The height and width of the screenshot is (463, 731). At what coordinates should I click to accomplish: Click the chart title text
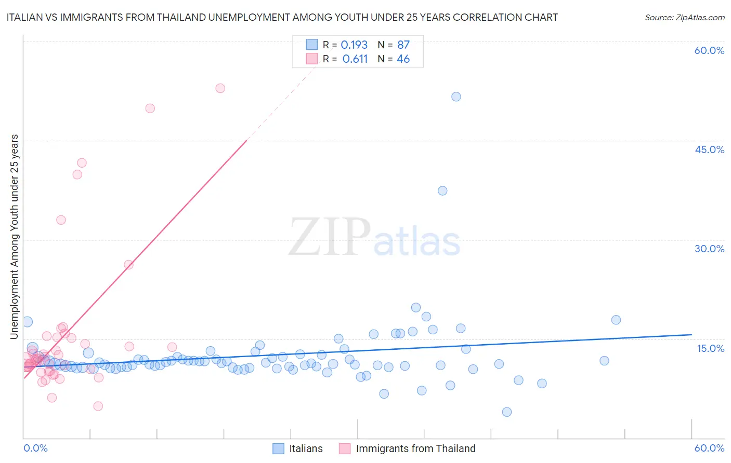(x=282, y=17)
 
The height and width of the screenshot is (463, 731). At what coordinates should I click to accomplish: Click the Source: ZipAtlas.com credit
(x=684, y=17)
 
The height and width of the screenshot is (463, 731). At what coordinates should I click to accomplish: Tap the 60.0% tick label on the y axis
(x=709, y=50)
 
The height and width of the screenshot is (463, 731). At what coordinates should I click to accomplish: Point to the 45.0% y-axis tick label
(x=709, y=149)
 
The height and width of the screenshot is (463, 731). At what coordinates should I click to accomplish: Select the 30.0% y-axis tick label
(x=709, y=249)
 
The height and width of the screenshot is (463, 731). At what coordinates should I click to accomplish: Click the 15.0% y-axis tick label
(x=710, y=348)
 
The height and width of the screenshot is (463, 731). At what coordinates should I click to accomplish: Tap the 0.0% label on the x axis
(x=35, y=448)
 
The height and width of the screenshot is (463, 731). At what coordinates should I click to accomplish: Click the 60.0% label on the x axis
(x=709, y=448)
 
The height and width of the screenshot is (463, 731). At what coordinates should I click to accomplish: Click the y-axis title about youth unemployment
(x=15, y=237)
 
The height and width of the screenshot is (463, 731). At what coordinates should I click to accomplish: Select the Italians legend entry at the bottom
(x=306, y=448)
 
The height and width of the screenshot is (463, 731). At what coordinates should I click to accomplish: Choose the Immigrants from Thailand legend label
(x=415, y=448)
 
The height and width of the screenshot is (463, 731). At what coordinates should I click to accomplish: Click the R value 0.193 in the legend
(x=354, y=45)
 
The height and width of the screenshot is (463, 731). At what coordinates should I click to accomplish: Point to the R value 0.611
(x=355, y=59)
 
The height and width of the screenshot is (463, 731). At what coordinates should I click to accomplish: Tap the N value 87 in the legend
(x=403, y=45)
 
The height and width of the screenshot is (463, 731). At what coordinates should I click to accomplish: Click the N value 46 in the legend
(x=403, y=59)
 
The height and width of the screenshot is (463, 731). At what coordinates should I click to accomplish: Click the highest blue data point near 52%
(x=456, y=97)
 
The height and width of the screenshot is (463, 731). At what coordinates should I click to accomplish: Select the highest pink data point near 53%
(x=220, y=88)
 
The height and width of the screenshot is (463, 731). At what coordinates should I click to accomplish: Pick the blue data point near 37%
(x=442, y=190)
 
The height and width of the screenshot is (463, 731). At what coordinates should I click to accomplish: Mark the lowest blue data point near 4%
(x=507, y=412)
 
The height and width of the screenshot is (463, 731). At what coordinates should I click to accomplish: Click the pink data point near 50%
(x=150, y=108)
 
